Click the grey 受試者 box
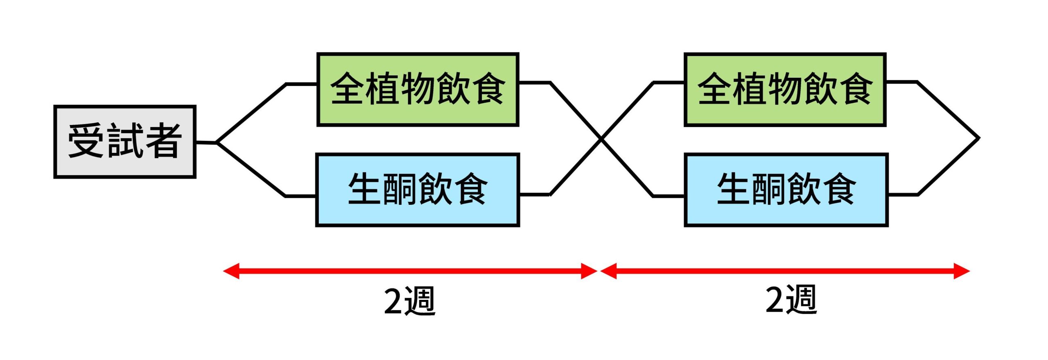pyautogui.click(x=125, y=142)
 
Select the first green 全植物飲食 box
pyautogui.click(x=418, y=89)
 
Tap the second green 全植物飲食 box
pyautogui.click(x=785, y=89)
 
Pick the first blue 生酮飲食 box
pyautogui.click(x=418, y=190)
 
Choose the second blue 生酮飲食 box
pyautogui.click(x=786, y=190)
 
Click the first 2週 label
pyautogui.click(x=409, y=301)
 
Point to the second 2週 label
pyautogui.click(x=791, y=300)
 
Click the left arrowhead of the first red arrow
pyautogui.click(x=230, y=271)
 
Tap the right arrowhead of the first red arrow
pyautogui.click(x=589, y=271)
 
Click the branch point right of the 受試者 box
pyautogui.click(x=217, y=143)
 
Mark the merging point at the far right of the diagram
pyautogui.click(x=979, y=138)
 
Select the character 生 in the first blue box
pyautogui.click(x=365, y=189)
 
